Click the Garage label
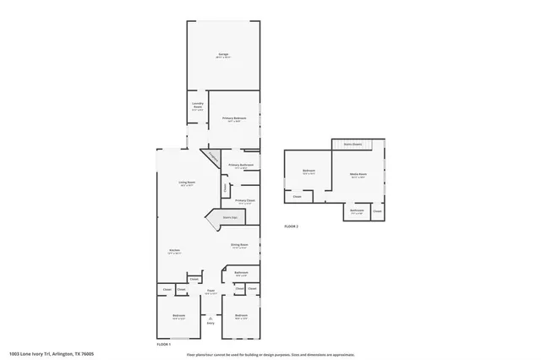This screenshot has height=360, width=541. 223,54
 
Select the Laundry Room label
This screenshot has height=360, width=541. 197,106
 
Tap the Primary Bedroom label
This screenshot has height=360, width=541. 232,118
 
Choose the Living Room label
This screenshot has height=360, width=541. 186,183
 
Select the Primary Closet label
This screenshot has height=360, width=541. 245,200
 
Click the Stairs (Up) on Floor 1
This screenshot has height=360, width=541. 228,217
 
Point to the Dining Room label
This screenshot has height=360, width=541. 240,245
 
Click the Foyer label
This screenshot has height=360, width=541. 210,292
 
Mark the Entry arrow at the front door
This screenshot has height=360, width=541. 210,319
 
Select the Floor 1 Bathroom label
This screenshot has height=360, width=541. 241,272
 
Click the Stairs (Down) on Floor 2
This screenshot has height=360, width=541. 352,145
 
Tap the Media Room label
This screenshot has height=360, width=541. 358,174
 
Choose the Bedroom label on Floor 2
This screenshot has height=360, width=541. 309,171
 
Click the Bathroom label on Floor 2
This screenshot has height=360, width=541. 358,210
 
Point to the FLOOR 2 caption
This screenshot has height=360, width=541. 292,226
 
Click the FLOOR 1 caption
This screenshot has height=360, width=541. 164,345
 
